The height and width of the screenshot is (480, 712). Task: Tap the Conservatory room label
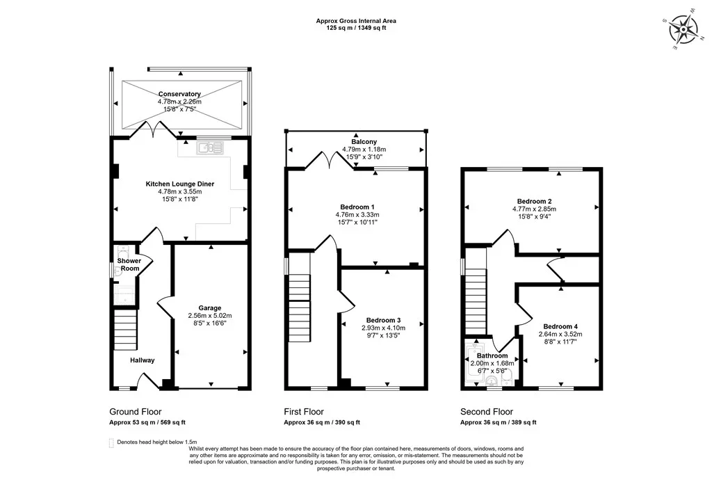tap(179, 94)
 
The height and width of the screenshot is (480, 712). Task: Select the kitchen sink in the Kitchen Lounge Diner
tap(210, 147)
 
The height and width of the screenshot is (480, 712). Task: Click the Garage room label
tap(210, 308)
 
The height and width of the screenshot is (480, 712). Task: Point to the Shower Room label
tap(129, 264)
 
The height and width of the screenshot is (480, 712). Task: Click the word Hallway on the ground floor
tap(142, 360)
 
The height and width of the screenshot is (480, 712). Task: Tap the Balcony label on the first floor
tap(364, 142)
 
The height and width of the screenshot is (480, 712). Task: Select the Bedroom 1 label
tap(357, 207)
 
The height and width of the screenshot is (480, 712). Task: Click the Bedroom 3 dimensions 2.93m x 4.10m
tap(384, 328)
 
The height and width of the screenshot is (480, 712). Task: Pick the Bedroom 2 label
tap(535, 201)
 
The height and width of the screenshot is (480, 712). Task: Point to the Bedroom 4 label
tap(560, 326)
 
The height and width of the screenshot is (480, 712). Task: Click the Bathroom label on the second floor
tap(492, 355)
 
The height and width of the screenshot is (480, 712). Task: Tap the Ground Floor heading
tap(136, 412)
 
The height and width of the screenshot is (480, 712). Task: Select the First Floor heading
tap(304, 412)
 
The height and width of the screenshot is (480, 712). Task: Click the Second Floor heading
tap(487, 412)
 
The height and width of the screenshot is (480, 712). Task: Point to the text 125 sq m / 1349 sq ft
tap(356, 28)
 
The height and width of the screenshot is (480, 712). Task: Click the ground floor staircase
tap(125, 330)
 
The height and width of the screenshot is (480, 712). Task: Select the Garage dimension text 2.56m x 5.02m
tap(210, 316)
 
